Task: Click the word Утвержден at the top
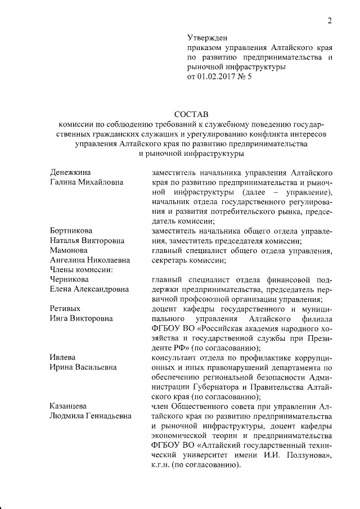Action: tap(206, 38)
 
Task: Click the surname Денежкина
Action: tap(70, 171)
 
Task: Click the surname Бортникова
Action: tap(71, 231)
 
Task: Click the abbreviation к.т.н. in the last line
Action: tap(160, 466)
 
